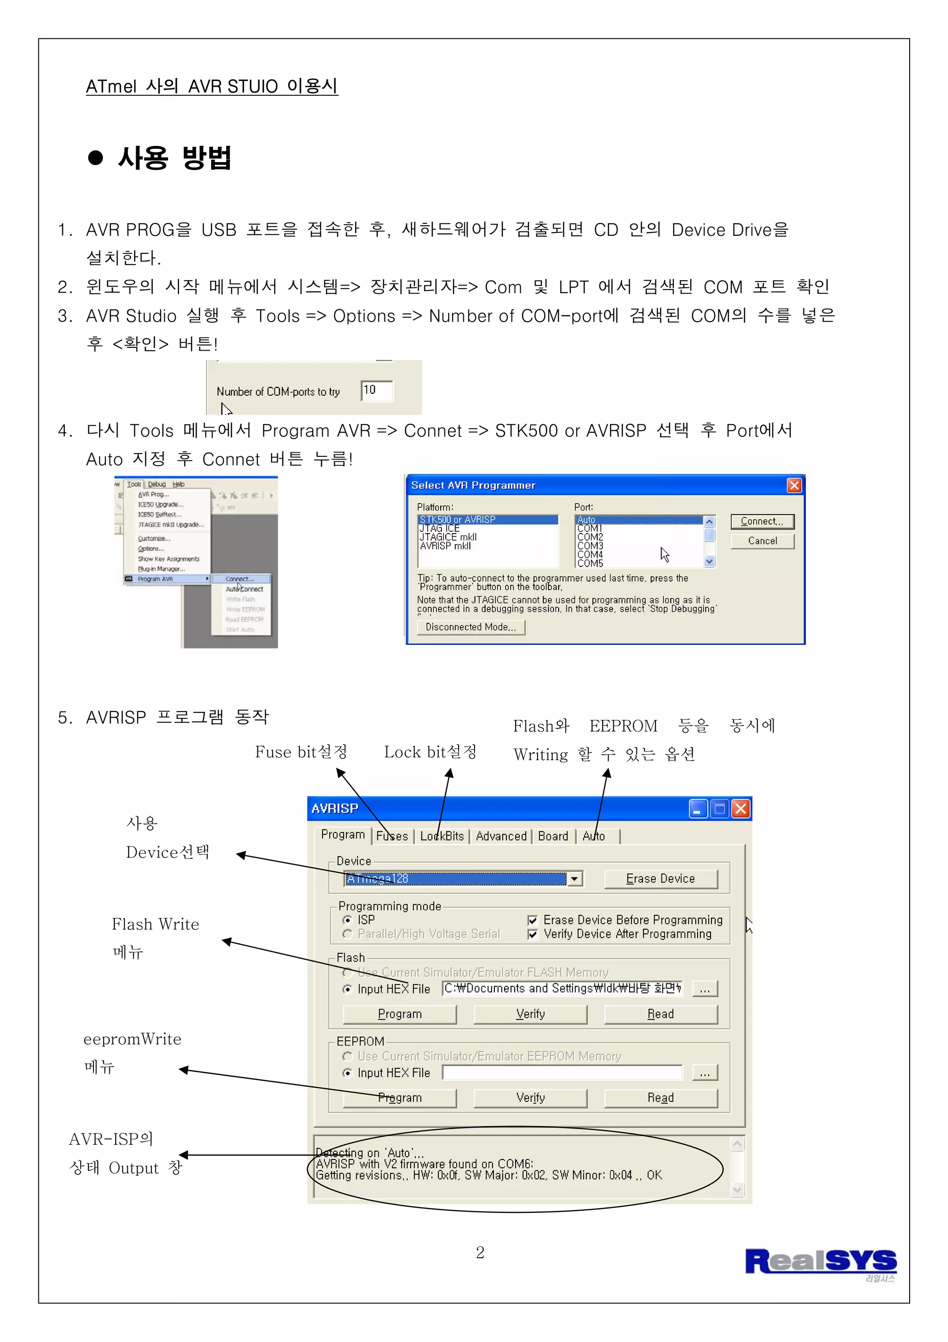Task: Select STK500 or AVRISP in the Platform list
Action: point(488,520)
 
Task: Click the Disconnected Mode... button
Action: point(471,627)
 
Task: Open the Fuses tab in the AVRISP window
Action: point(392,837)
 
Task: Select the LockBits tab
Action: point(442,837)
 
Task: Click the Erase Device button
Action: point(660,879)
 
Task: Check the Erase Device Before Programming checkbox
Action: point(532,920)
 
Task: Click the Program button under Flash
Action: point(399,1014)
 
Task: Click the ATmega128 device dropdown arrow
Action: point(575,879)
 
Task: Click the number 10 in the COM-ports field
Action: point(370,390)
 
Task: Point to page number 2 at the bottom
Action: point(480,1253)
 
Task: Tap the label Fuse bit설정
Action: point(301,752)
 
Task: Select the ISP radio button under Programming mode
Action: point(348,920)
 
